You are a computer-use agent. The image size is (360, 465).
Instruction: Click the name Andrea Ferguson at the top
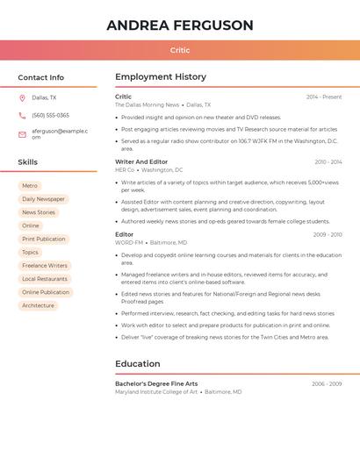180,25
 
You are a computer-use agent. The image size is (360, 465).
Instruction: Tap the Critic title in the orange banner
180,51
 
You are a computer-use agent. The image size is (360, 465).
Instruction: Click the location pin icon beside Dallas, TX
22,98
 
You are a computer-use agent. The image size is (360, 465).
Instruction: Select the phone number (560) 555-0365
50,115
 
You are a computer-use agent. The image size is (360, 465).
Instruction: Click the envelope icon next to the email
22,134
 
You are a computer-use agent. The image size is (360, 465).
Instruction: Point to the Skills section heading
28,162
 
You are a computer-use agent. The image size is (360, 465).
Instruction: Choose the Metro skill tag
30,186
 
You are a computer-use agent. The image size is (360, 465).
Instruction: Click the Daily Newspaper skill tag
43,199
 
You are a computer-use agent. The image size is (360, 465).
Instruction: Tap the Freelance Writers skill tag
45,266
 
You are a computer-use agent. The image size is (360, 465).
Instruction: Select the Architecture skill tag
38,305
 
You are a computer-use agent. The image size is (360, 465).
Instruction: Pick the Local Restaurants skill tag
45,279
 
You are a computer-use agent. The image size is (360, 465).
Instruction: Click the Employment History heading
161,77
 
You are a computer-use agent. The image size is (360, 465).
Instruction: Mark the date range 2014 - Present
324,97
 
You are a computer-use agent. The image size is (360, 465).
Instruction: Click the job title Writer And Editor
141,162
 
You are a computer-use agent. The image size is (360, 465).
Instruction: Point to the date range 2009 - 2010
328,235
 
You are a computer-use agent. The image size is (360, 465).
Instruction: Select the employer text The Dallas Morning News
147,105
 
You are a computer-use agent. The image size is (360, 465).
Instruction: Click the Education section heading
138,364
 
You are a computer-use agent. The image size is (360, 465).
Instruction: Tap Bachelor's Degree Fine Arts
156,384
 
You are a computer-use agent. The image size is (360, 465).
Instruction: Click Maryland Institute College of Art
156,392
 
